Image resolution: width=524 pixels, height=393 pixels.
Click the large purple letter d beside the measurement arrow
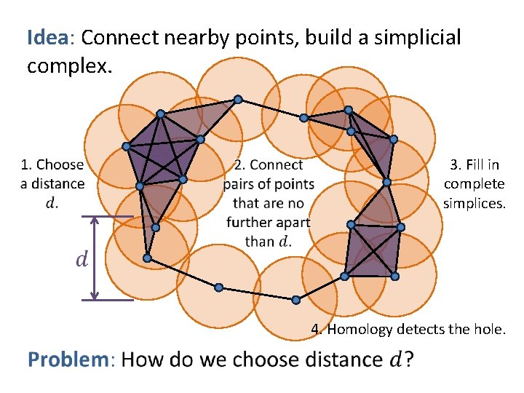point(84,259)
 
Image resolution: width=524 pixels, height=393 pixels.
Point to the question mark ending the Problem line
point(409,360)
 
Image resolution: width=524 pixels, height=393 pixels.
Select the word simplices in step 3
point(474,203)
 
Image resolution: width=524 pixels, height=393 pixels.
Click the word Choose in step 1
point(60,165)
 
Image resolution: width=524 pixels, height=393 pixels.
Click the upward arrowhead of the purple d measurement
point(94,221)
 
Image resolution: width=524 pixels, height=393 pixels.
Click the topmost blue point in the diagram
point(238,100)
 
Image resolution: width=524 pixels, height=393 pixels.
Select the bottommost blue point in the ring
point(295,300)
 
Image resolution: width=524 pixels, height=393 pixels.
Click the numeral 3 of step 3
point(455,165)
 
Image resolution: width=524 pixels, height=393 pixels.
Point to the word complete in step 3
point(474,184)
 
